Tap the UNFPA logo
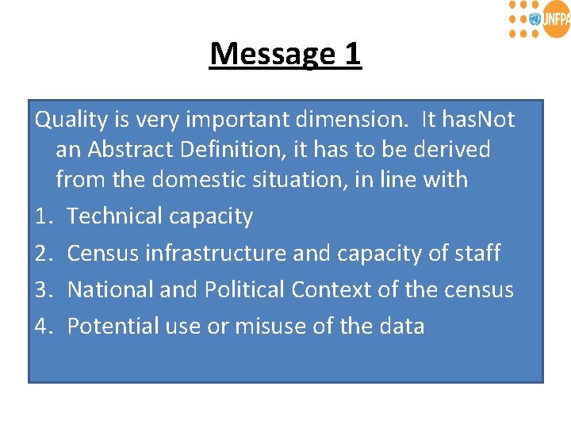click(538, 19)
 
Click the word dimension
click(361, 120)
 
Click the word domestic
click(201, 179)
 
